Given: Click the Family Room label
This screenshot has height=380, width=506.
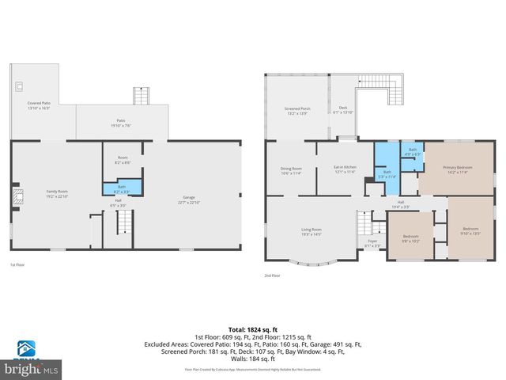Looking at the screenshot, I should (x=56, y=194).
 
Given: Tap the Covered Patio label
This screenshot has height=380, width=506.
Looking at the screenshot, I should (x=39, y=105).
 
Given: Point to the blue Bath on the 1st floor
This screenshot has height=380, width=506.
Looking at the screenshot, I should (x=123, y=188).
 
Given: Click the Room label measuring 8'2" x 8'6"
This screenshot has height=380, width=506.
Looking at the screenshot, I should (x=123, y=160).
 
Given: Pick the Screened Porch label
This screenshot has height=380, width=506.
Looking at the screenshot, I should (x=297, y=110).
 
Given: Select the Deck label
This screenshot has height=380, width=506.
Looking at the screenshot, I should (x=343, y=110).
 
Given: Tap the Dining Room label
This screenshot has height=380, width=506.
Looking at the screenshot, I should (x=291, y=170).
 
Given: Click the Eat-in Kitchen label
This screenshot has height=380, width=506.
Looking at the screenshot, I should (x=345, y=170).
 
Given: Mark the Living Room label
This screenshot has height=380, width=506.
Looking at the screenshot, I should (x=310, y=232).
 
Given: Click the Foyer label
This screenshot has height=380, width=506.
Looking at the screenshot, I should (x=372, y=245).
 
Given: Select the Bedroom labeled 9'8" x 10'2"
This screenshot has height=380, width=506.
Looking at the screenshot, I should (x=410, y=238).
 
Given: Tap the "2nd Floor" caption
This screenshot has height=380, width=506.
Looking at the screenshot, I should (x=273, y=275).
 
